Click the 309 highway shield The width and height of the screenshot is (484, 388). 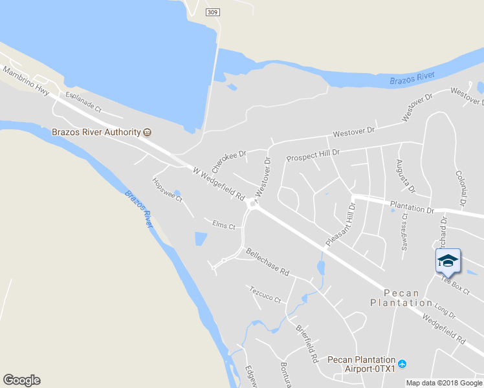(x=212, y=12)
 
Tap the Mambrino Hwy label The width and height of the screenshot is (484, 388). (x=25, y=81)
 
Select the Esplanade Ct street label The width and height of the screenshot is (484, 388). (x=83, y=102)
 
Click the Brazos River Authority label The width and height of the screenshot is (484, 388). (x=96, y=132)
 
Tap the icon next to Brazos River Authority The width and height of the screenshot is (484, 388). (x=148, y=132)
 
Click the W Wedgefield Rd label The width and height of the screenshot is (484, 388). (x=219, y=183)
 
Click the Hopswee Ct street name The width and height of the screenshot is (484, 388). (x=168, y=189)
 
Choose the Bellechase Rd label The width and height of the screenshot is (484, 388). (x=267, y=261)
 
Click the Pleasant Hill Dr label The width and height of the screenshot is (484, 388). (x=341, y=224)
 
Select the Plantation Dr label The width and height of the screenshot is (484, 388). (x=412, y=206)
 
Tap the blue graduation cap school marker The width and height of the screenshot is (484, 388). (x=447, y=262)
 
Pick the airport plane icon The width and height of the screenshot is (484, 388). (x=402, y=363)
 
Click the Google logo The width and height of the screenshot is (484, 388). (x=21, y=380)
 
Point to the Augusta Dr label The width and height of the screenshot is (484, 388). (x=404, y=177)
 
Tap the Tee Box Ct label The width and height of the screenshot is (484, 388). (x=454, y=285)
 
